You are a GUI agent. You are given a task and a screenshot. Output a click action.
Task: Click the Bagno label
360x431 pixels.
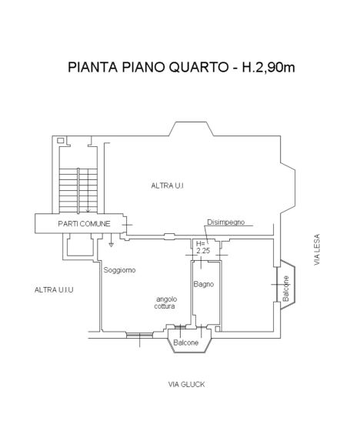[204, 285]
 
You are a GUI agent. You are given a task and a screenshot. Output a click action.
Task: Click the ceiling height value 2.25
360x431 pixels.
[203, 250]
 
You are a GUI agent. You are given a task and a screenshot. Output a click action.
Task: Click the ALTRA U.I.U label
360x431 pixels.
[50, 289]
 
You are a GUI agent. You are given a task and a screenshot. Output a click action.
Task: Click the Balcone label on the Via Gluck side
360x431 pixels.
[187, 342]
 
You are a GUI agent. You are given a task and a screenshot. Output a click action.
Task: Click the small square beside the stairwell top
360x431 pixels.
[58, 140]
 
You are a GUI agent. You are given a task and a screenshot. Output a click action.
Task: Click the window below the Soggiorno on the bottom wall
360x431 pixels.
[139, 333]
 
